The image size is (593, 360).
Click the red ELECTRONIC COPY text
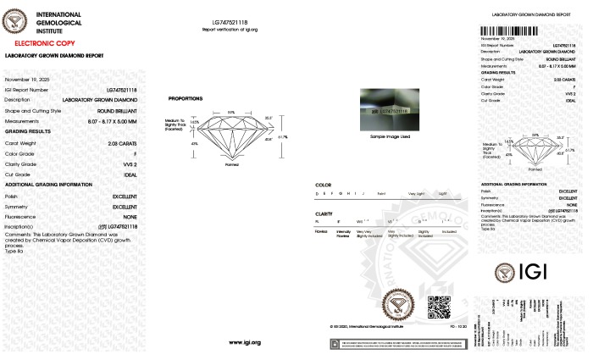click(43, 42)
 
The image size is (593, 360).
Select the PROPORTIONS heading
click(185, 98)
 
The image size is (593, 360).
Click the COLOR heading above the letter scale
click(323, 184)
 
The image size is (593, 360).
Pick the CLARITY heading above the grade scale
click(324, 214)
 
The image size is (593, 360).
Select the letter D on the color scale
click(317, 194)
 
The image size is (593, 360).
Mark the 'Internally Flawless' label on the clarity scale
click(343, 235)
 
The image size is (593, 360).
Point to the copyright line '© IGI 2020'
click(365, 325)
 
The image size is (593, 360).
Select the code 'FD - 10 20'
click(458, 325)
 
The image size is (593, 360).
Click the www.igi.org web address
click(245, 342)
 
